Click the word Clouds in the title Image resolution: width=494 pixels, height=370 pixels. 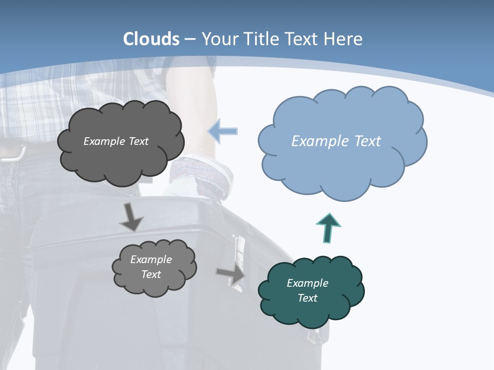(x=151, y=39)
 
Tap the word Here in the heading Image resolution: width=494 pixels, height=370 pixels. (x=345, y=39)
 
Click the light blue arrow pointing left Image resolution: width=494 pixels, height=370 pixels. (x=223, y=131)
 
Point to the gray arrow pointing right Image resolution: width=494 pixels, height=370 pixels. (x=231, y=274)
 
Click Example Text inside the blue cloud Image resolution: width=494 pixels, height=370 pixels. (x=336, y=141)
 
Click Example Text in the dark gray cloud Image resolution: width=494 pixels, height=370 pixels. (x=116, y=141)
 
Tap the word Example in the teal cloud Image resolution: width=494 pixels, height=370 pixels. (x=307, y=283)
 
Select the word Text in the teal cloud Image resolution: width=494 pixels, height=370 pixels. (x=307, y=298)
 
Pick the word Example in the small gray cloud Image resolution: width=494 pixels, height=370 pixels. (x=151, y=260)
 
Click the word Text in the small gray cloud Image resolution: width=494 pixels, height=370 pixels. (x=151, y=274)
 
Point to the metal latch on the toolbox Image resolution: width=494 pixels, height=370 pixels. (x=239, y=252)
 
